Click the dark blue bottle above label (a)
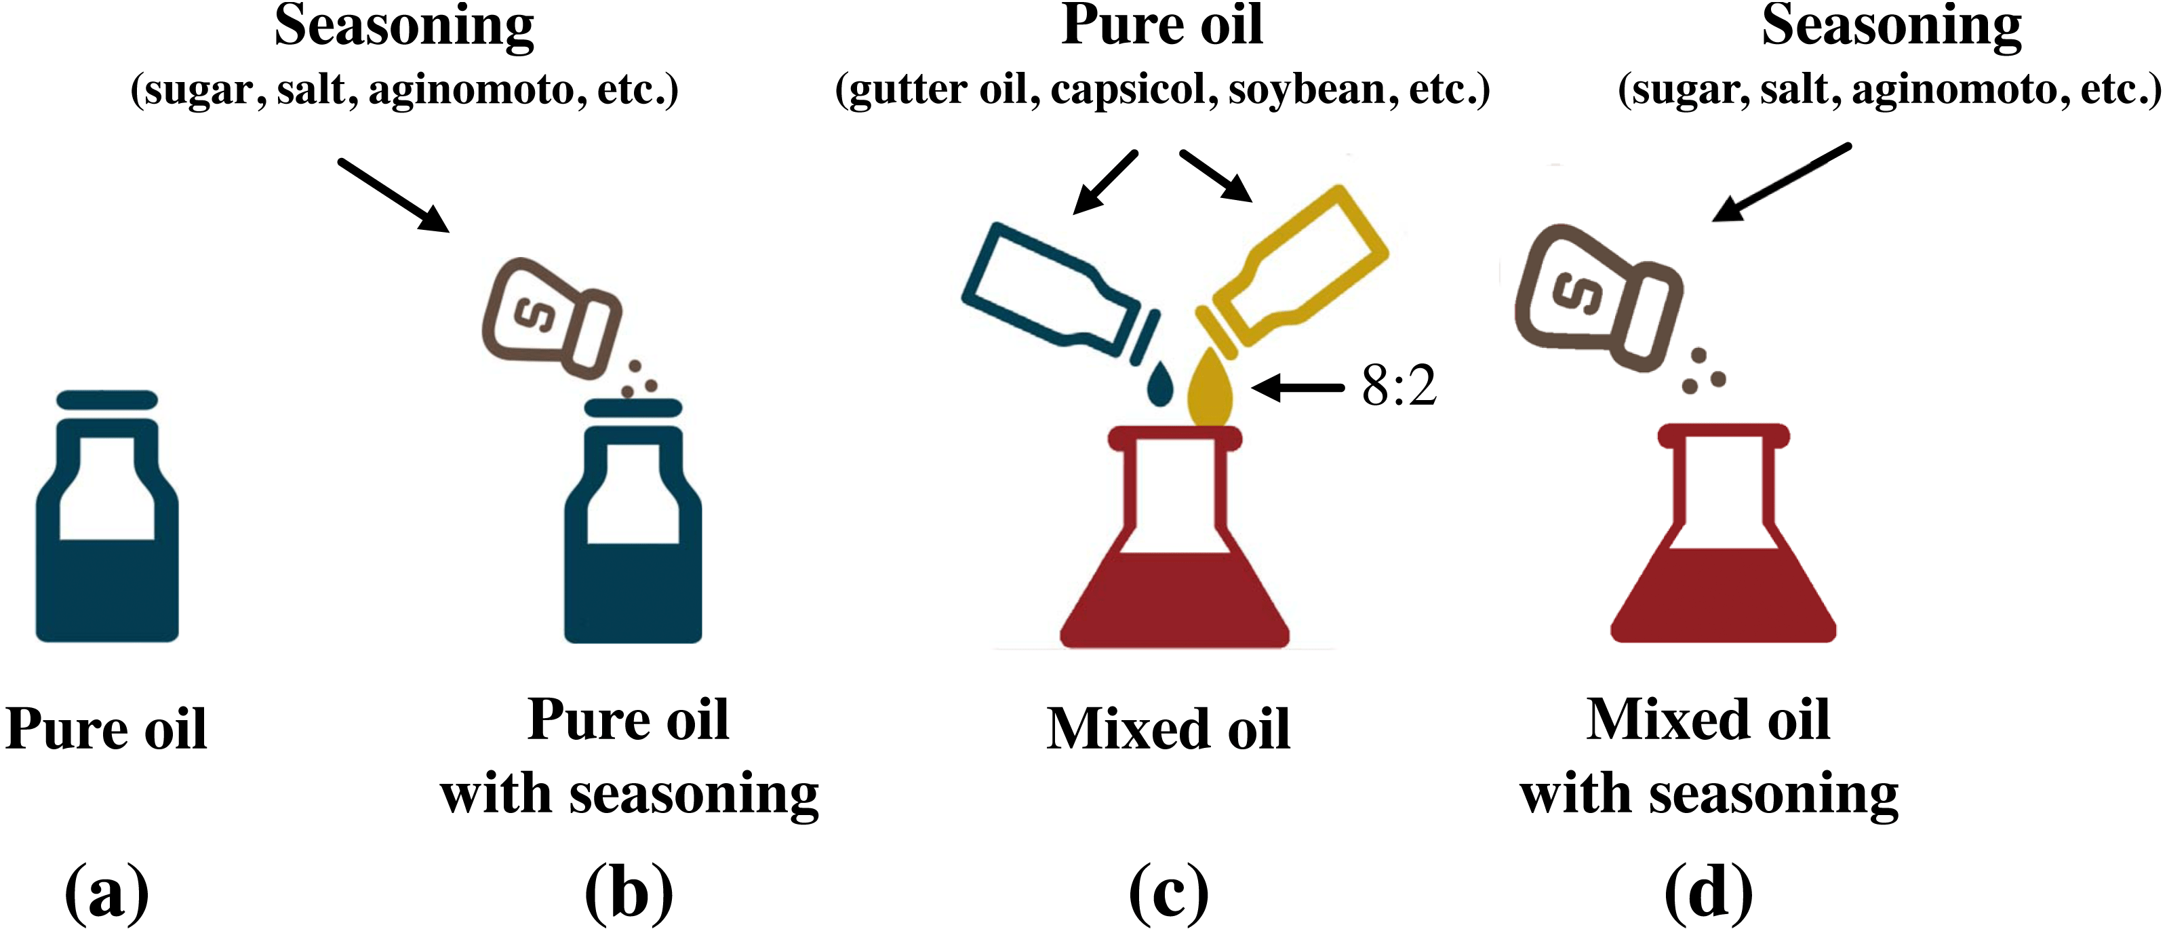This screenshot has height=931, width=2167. (x=107, y=538)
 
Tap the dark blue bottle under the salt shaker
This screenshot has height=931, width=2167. (x=633, y=547)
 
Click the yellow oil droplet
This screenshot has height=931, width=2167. (x=1209, y=391)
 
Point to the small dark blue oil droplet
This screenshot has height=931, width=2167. (x=1160, y=385)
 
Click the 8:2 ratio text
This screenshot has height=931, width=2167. (x=1398, y=387)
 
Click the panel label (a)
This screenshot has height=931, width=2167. (x=107, y=892)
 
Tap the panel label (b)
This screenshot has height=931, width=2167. (x=629, y=892)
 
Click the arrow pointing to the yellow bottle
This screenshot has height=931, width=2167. (x=1216, y=176)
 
